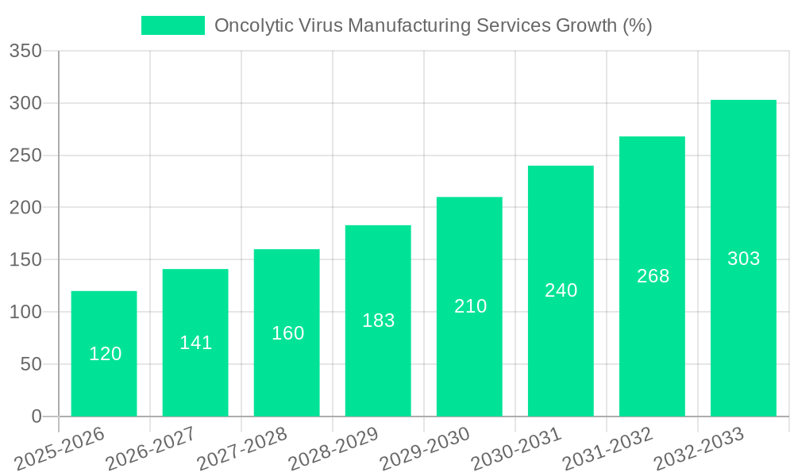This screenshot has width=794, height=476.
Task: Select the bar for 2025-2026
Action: [x=104, y=354]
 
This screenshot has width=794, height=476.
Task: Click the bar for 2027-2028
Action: [x=287, y=333]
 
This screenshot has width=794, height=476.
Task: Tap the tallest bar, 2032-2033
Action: [x=743, y=258]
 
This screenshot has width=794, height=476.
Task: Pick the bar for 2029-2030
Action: [x=469, y=306]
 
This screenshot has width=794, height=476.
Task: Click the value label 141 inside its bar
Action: [x=195, y=343]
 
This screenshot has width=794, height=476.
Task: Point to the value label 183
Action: [x=378, y=321]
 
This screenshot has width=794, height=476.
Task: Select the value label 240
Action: [x=561, y=290]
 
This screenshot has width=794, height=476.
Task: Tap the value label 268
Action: [x=653, y=276]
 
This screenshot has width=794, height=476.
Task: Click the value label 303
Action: [x=743, y=259]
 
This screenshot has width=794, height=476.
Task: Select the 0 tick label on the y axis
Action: [x=37, y=416]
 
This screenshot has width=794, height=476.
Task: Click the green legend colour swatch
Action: [x=172, y=25]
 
